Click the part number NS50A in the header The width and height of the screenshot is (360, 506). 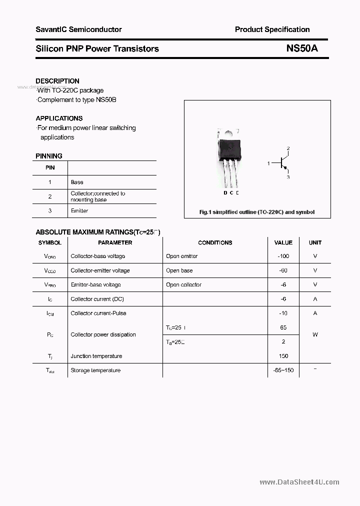301,48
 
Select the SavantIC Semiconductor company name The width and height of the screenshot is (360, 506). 78,29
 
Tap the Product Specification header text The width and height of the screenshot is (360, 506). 272,29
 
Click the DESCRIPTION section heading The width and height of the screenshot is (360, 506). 57,81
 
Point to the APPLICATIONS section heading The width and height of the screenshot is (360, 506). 59,118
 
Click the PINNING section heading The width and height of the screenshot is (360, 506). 49,156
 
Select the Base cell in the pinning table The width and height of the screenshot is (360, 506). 77,182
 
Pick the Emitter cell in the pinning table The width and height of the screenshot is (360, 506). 79,211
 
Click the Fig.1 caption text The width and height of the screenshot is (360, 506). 257,212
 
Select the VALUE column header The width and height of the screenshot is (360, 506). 283,242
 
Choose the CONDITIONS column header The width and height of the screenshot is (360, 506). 215,242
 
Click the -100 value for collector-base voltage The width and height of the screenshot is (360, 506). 283,256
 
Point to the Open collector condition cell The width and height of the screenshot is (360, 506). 183,284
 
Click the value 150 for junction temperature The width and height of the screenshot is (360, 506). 283,356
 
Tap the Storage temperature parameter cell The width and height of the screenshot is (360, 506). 95,370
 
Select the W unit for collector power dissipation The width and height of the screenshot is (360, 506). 315,334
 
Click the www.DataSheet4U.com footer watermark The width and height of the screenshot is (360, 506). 299,482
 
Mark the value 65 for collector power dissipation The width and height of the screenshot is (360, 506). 283,327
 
